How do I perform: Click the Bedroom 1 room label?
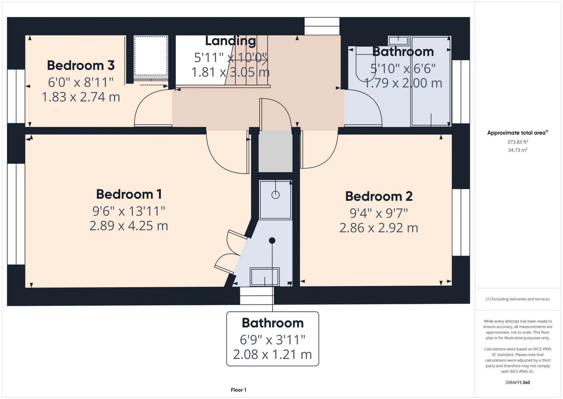[129, 194]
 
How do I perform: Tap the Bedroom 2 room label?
[379, 196]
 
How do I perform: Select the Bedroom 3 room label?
[81, 65]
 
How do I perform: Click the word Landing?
[230, 41]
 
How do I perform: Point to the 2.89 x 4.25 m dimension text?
[129, 226]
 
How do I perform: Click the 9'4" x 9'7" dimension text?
[379, 213]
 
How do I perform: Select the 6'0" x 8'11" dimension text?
[81, 82]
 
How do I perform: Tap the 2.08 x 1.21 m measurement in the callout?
[272, 354]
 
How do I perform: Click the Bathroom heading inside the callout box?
[272, 323]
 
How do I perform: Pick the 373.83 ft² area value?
[518, 142]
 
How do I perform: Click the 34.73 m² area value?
[518, 150]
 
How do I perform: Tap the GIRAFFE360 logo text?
[518, 382]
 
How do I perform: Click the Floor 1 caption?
[238, 390]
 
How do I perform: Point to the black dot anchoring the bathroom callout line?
[272, 240]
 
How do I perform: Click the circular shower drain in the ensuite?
[275, 195]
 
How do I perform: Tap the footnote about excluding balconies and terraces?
[518, 299]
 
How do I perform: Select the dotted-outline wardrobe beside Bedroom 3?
[151, 56]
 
